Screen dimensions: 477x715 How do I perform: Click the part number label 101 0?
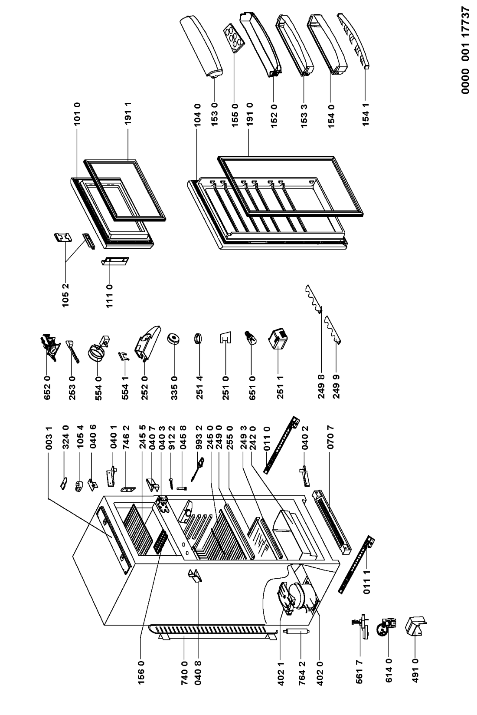point(78,114)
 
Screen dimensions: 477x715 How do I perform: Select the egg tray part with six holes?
point(234,37)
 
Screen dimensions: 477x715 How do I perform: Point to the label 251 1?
point(280,388)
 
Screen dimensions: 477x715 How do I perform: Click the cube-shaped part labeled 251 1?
point(278,339)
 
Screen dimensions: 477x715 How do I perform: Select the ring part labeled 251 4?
point(199,338)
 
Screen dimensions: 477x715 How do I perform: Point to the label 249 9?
point(336,388)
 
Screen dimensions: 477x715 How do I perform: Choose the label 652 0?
point(47,388)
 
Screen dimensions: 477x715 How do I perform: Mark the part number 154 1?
point(366,114)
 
